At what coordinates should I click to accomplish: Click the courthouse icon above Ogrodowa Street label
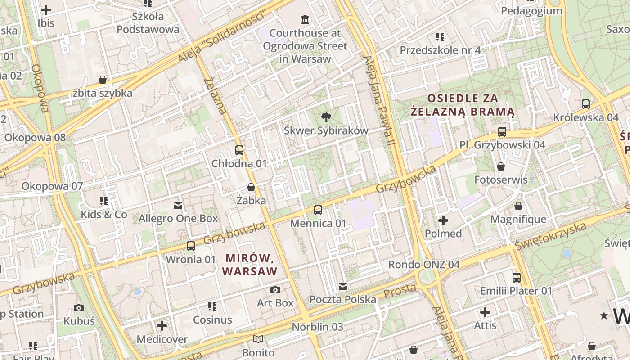pos(305,19)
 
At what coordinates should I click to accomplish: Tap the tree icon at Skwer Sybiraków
pos(326,118)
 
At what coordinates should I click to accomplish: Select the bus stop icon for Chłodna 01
pos(239,150)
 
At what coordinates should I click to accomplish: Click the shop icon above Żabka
pos(251,187)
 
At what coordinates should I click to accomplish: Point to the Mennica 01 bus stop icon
pos(318,210)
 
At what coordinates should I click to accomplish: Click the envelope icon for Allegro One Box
pos(178,206)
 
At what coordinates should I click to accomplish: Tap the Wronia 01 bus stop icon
pos(191,246)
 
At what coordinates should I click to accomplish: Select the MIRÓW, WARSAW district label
pos(250,265)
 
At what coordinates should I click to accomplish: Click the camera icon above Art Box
pos(275,290)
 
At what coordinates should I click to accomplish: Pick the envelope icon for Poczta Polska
pos(343,287)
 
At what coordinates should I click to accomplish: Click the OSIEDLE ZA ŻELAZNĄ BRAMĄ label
pos(463,105)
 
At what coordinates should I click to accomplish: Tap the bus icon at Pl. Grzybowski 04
pos(502,132)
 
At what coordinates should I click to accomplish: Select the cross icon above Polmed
pos(443,220)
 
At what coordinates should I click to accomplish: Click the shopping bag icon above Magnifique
pos(518,207)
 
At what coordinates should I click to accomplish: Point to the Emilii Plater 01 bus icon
pos(516,278)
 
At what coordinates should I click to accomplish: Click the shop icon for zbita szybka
pos(103,80)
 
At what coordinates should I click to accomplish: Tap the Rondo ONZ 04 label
pos(424,265)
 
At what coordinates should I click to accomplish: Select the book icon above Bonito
pos(258,339)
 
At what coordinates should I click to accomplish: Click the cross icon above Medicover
pos(162,326)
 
